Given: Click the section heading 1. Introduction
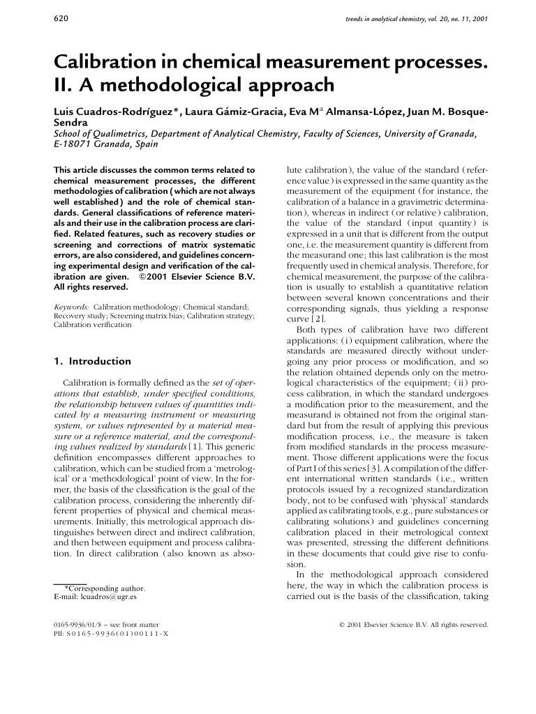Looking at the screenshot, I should [92, 361].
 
